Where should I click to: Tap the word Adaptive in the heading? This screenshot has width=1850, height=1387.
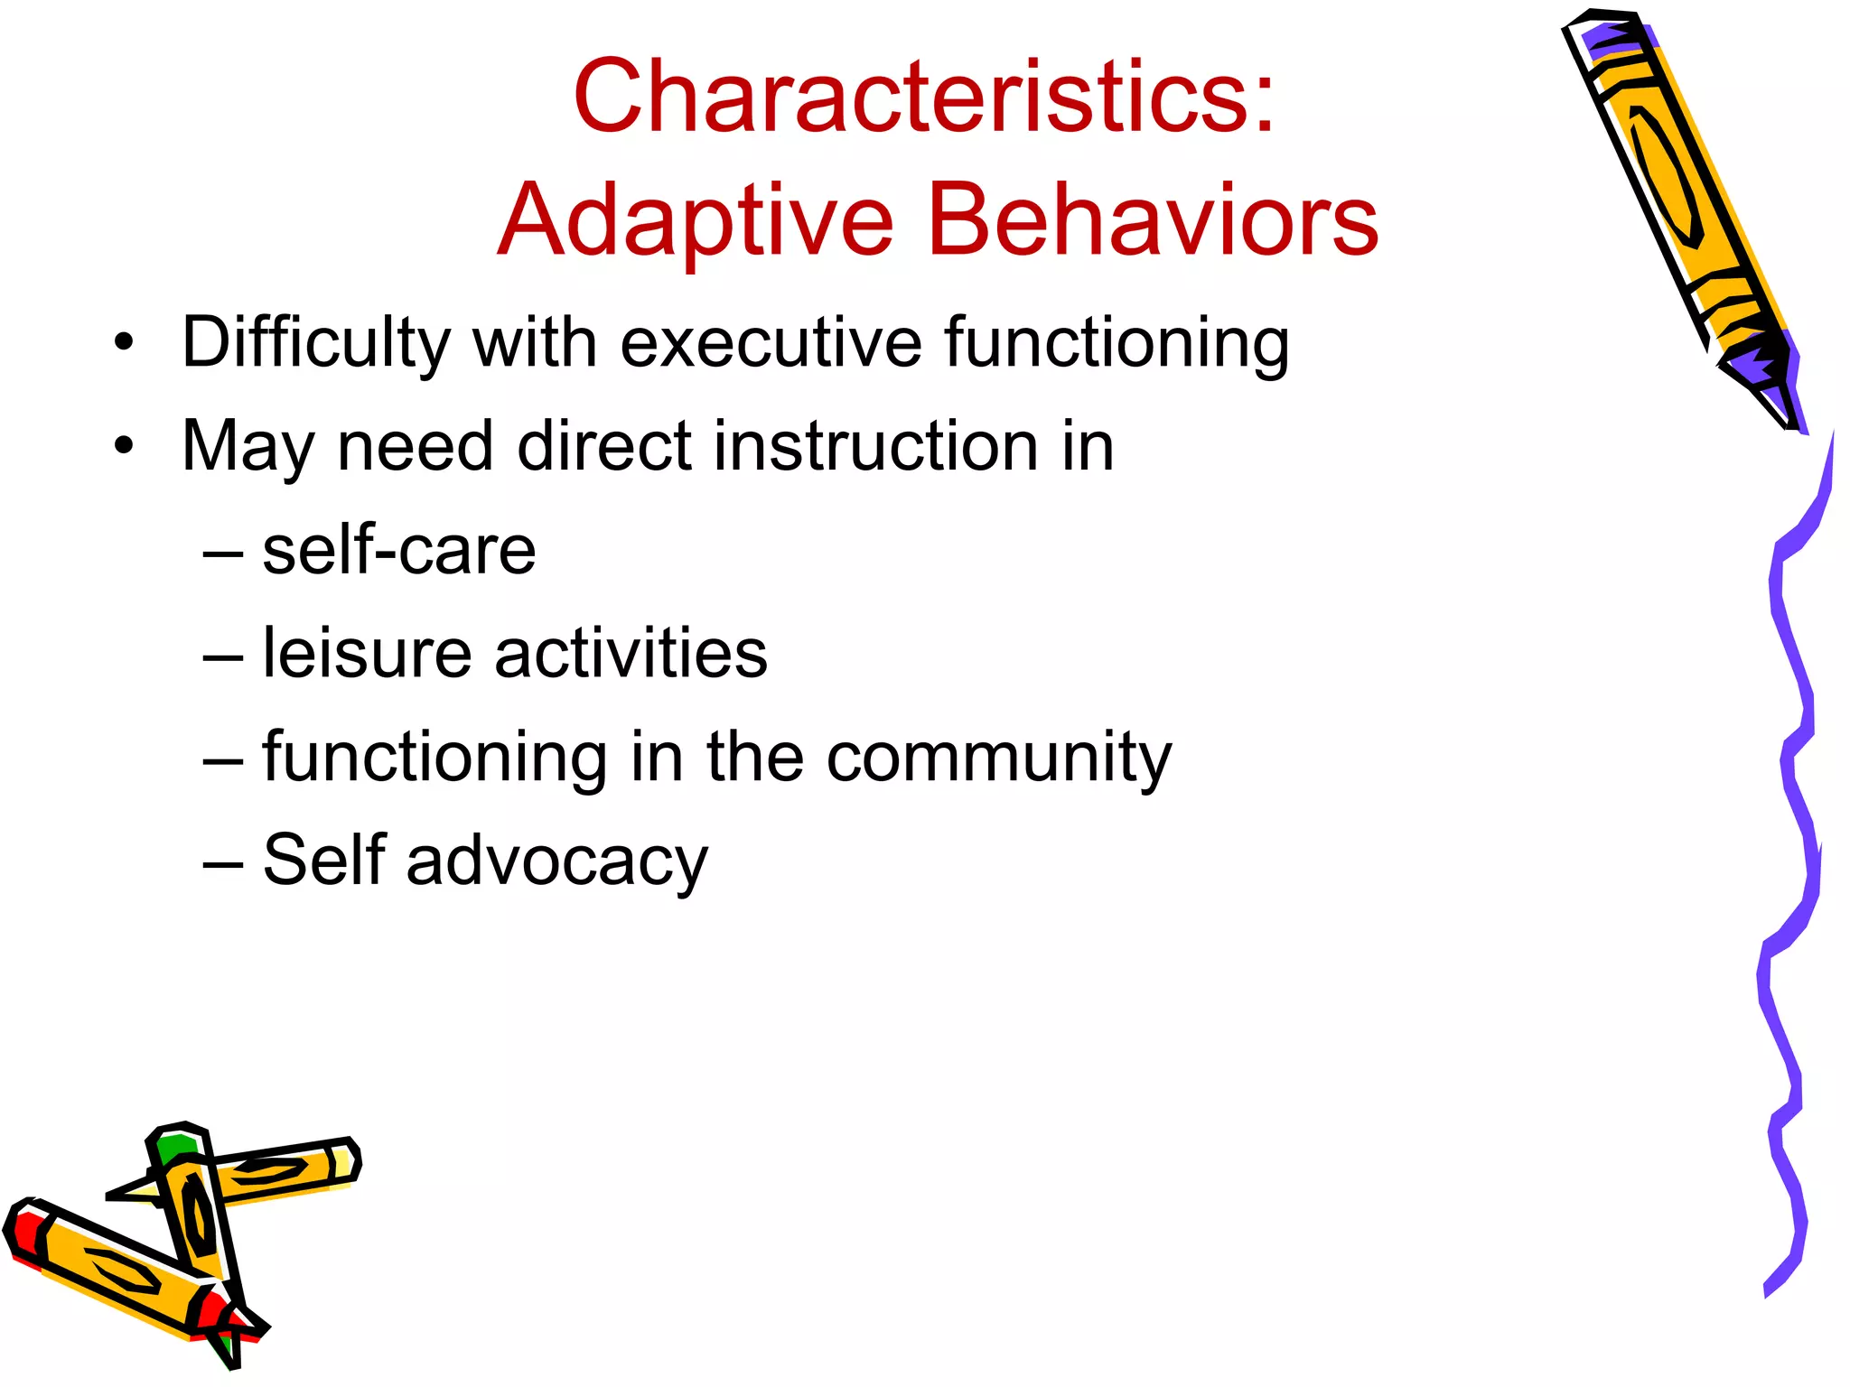point(696,219)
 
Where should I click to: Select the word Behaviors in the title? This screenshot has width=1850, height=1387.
point(1153,219)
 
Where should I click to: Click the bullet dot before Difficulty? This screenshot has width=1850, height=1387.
point(124,343)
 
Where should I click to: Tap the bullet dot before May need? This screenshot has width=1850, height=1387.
point(124,446)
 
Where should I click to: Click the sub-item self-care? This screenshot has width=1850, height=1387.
point(398,550)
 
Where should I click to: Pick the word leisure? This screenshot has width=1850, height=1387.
point(367,653)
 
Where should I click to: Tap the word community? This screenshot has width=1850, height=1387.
point(999,757)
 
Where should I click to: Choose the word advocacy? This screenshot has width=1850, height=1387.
point(556,861)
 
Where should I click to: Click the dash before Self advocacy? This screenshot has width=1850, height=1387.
point(222,862)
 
